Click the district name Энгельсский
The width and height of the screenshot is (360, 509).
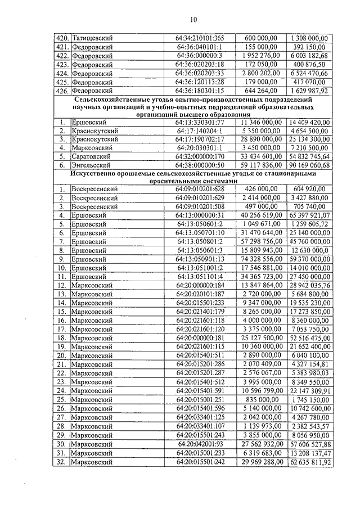click(x=92, y=165)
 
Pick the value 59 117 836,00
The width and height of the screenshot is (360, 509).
click(x=259, y=165)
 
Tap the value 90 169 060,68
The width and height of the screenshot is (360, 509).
click(x=309, y=165)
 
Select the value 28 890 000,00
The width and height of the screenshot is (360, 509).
click(x=259, y=138)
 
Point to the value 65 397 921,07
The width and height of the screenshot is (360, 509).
click(x=309, y=215)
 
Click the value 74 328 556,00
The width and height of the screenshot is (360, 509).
click(x=259, y=259)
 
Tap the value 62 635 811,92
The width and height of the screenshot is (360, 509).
click(x=309, y=462)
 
